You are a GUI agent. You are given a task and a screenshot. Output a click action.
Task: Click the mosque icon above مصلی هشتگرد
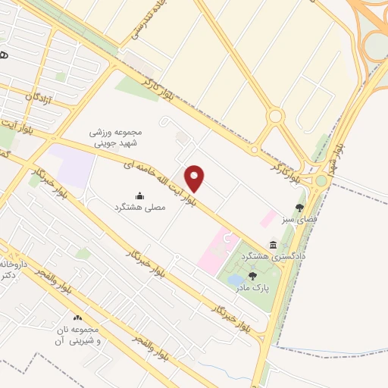(x=139, y=196)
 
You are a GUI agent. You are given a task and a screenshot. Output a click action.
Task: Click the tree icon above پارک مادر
(x=252, y=277)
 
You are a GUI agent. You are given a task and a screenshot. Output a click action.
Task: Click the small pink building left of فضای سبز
(x=268, y=219)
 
